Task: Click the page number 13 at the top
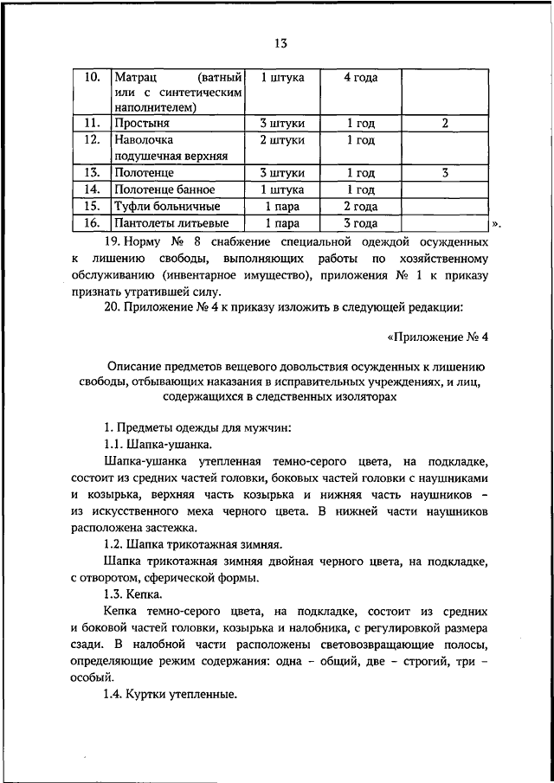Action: pyautogui.click(x=277, y=43)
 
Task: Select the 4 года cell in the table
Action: pyautogui.click(x=359, y=77)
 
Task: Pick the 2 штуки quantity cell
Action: pyautogui.click(x=282, y=139)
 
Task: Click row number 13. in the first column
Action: pyautogui.click(x=93, y=172)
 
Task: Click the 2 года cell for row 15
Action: pyautogui.click(x=359, y=206)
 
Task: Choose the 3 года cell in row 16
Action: pyautogui.click(x=359, y=223)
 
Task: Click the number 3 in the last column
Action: pyautogui.click(x=443, y=172)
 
